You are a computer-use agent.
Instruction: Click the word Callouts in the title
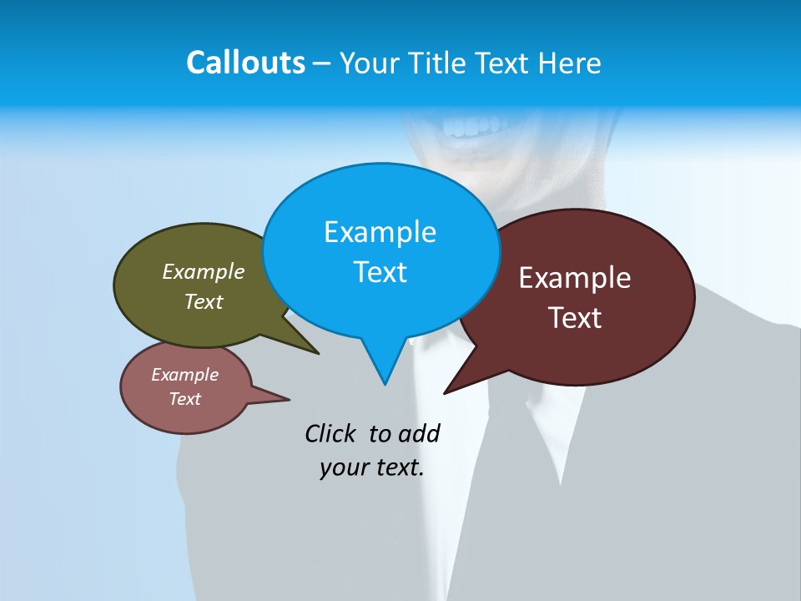tap(245, 63)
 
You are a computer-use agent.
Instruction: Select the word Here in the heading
tap(570, 63)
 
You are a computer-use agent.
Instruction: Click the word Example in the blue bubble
tap(380, 232)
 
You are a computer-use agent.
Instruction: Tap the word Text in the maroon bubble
tap(575, 318)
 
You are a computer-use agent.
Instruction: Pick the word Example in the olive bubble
tap(204, 272)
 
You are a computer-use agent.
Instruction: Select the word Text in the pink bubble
tap(185, 399)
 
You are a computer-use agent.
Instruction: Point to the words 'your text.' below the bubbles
tap(372, 468)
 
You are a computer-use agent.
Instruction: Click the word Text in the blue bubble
tap(380, 272)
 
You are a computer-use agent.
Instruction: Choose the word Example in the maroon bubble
tap(575, 278)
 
